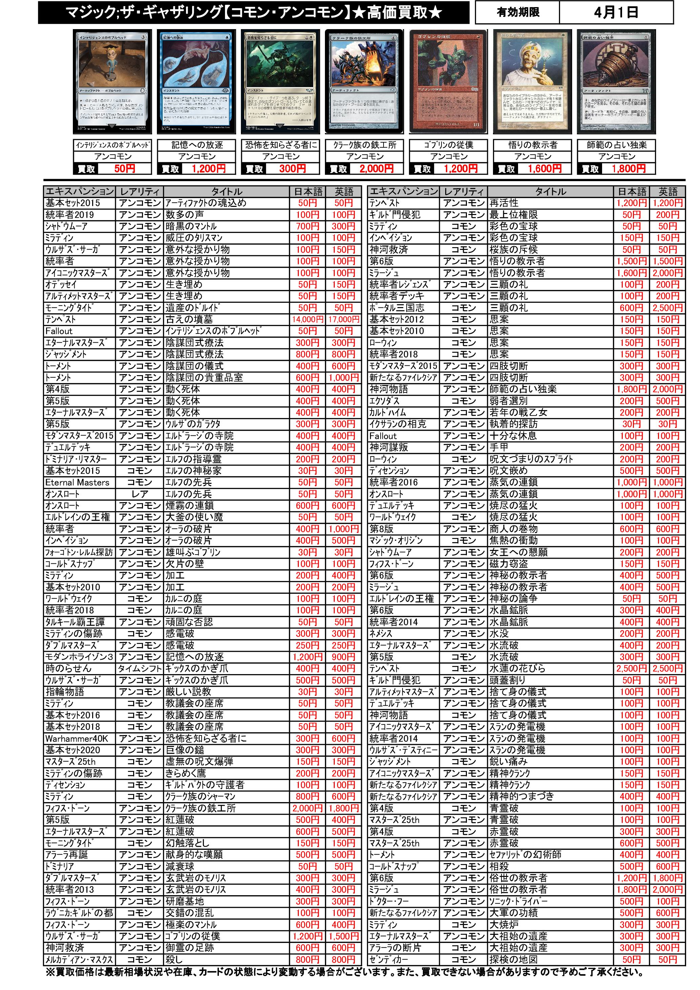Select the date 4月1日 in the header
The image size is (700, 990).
coord(616,13)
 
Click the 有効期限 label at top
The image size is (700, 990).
coord(517,13)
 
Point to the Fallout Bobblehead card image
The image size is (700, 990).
coord(112,82)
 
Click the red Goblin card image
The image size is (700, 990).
coord(449,82)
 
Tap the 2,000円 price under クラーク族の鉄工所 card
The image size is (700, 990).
coord(376,169)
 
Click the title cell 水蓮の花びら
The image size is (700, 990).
coord(517,668)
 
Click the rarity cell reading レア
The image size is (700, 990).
coord(139,494)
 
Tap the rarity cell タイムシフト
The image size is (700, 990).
coord(139,669)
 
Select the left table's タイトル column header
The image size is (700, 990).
coord(227,191)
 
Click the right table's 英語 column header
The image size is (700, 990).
coord(667,191)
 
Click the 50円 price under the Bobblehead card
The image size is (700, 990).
coord(125,169)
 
